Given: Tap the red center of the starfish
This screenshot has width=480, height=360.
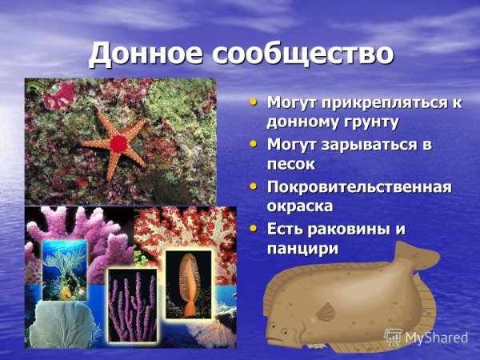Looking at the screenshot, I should (x=118, y=144).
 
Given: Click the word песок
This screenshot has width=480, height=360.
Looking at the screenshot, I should (x=291, y=164).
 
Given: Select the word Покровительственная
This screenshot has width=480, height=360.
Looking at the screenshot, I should (x=359, y=187).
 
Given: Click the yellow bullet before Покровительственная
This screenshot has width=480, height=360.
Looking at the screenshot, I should (x=254, y=186).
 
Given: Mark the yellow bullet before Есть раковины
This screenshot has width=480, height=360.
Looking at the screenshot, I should (x=254, y=228).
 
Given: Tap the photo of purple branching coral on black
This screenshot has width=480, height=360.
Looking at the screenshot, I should (x=132, y=304).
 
